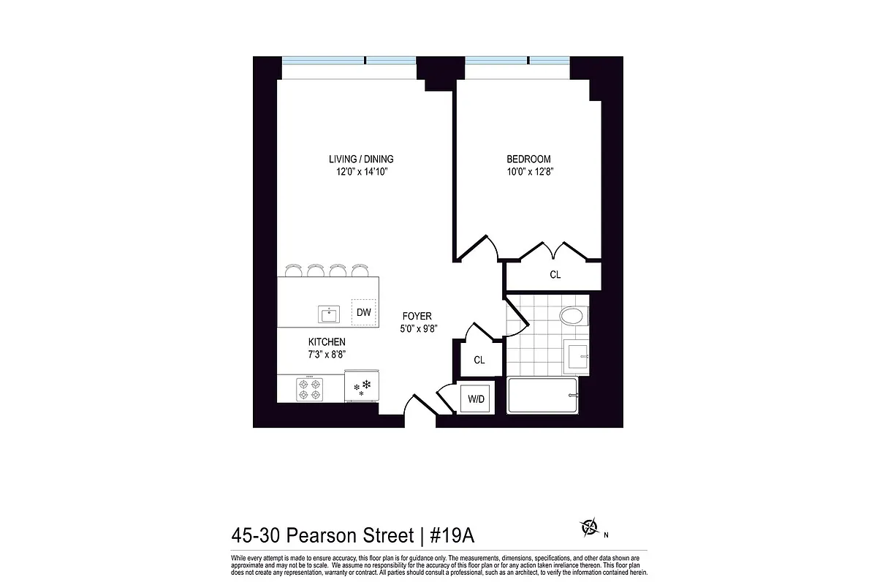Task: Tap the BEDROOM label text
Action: pyautogui.click(x=528, y=159)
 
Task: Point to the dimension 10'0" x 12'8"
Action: pyautogui.click(x=528, y=173)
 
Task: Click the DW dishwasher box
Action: pyautogui.click(x=364, y=312)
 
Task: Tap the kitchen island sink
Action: pyautogui.click(x=329, y=314)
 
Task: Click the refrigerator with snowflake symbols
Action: pyautogui.click(x=361, y=387)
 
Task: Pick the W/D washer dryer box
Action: pyautogui.click(x=477, y=399)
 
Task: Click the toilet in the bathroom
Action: pyautogui.click(x=572, y=317)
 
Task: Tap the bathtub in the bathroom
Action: pyautogui.click(x=542, y=396)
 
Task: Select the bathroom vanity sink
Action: pyautogui.click(x=577, y=356)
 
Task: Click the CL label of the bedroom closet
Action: pyautogui.click(x=555, y=275)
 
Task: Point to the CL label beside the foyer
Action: pyautogui.click(x=479, y=360)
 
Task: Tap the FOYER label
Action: pyautogui.click(x=417, y=316)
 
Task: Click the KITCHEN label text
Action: pyautogui.click(x=326, y=341)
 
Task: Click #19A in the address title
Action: pyautogui.click(x=452, y=536)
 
